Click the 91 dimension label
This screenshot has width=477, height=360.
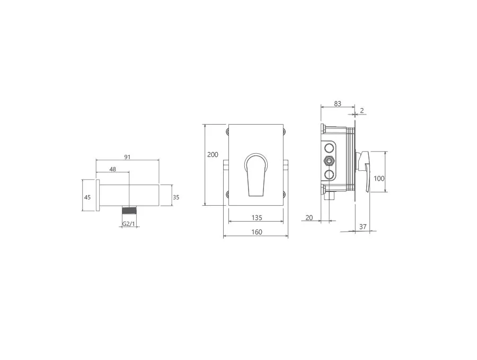pyautogui.click(x=127, y=157)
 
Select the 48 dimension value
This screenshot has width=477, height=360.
pyautogui.click(x=112, y=169)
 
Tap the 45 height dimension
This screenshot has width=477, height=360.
pyautogui.click(x=87, y=197)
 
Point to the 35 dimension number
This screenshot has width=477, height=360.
pyautogui.click(x=176, y=197)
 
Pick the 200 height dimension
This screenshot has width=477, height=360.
pyautogui.click(x=213, y=155)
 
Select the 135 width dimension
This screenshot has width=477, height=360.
pyautogui.click(x=257, y=217)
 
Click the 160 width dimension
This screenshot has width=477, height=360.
pyautogui.click(x=257, y=232)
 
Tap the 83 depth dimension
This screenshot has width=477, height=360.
pyautogui.click(x=338, y=104)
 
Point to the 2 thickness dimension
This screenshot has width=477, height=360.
pyautogui.click(x=361, y=111)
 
